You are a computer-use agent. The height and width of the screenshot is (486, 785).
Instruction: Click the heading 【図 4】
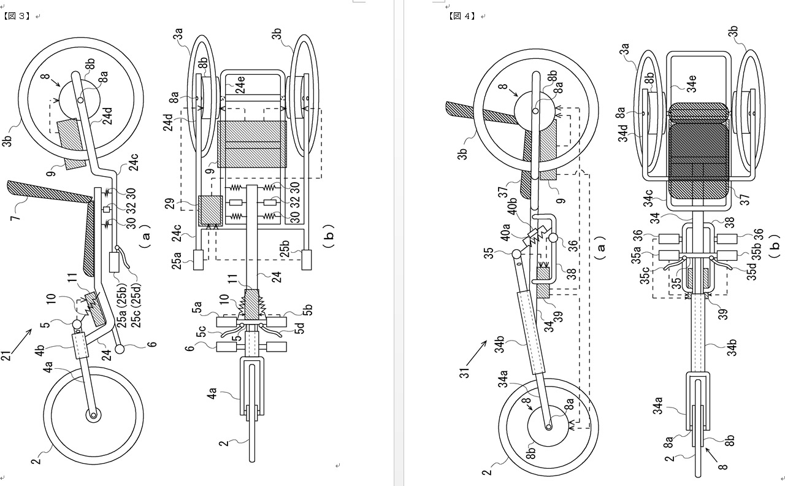point(462,16)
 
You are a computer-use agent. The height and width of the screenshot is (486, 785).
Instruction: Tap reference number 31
point(464,372)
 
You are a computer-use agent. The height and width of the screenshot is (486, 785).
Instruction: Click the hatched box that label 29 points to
point(210,210)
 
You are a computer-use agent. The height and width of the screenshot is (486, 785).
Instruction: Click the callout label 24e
point(240,85)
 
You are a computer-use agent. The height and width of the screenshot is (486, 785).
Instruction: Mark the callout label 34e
point(692,83)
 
